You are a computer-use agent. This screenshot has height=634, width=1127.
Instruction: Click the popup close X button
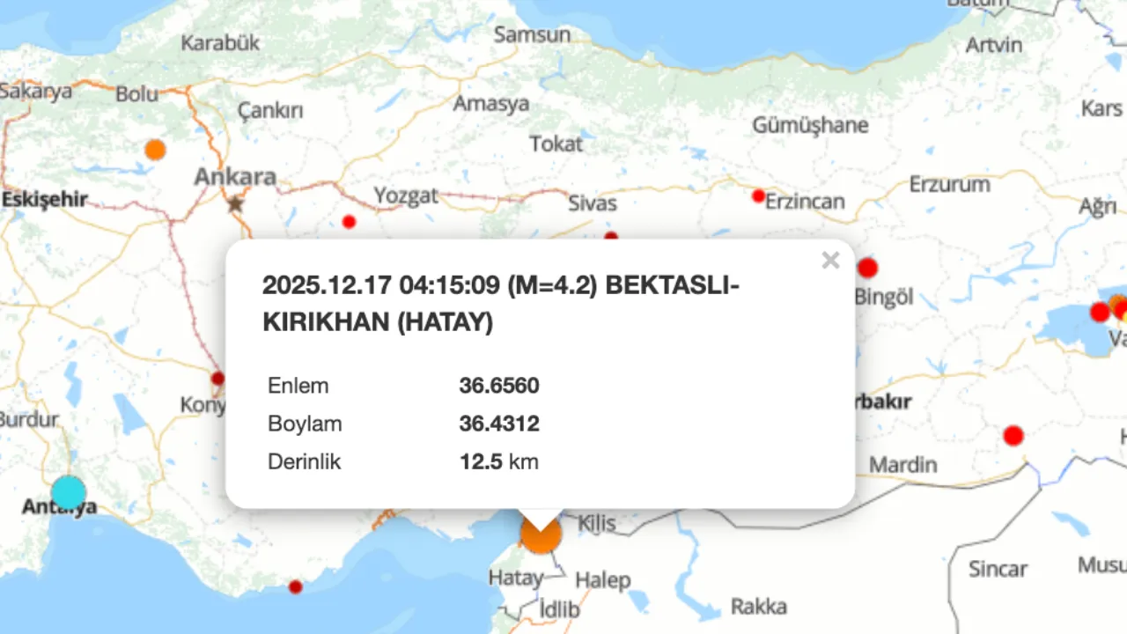pyautogui.click(x=830, y=260)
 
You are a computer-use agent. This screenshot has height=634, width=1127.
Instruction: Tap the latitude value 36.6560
pyautogui.click(x=498, y=386)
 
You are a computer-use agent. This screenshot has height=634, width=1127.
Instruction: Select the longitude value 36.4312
pyautogui.click(x=498, y=424)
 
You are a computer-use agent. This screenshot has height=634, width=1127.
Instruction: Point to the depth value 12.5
pyautogui.click(x=480, y=461)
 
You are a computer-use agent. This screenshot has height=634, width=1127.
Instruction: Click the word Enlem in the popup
pyautogui.click(x=298, y=386)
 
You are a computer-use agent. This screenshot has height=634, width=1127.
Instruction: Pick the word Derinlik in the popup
pyautogui.click(x=304, y=461)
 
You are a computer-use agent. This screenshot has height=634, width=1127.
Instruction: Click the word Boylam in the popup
pyautogui.click(x=305, y=424)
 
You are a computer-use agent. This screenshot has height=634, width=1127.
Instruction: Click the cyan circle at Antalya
pyautogui.click(x=68, y=493)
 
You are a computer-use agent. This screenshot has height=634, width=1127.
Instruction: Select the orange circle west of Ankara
pyautogui.click(x=155, y=150)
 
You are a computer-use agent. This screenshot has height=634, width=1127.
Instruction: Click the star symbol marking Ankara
pyautogui.click(x=235, y=204)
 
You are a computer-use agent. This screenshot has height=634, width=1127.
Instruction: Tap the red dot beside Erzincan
pyautogui.click(x=758, y=195)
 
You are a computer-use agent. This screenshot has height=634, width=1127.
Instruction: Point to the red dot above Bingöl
pyautogui.click(x=868, y=268)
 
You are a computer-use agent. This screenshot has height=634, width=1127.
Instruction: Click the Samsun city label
pyautogui.click(x=532, y=35)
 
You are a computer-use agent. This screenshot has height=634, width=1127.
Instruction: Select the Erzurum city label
pyautogui.click(x=949, y=185)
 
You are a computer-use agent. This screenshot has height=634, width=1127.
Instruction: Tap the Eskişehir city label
pyautogui.click(x=44, y=200)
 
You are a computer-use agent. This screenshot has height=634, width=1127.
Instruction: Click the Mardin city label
pyautogui.click(x=903, y=464)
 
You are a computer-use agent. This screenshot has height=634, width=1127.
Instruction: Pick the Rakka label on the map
pyautogui.click(x=758, y=607)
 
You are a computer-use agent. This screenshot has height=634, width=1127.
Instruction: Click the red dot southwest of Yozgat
pyautogui.click(x=349, y=222)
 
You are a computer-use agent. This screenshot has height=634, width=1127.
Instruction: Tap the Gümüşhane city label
pyautogui.click(x=810, y=125)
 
